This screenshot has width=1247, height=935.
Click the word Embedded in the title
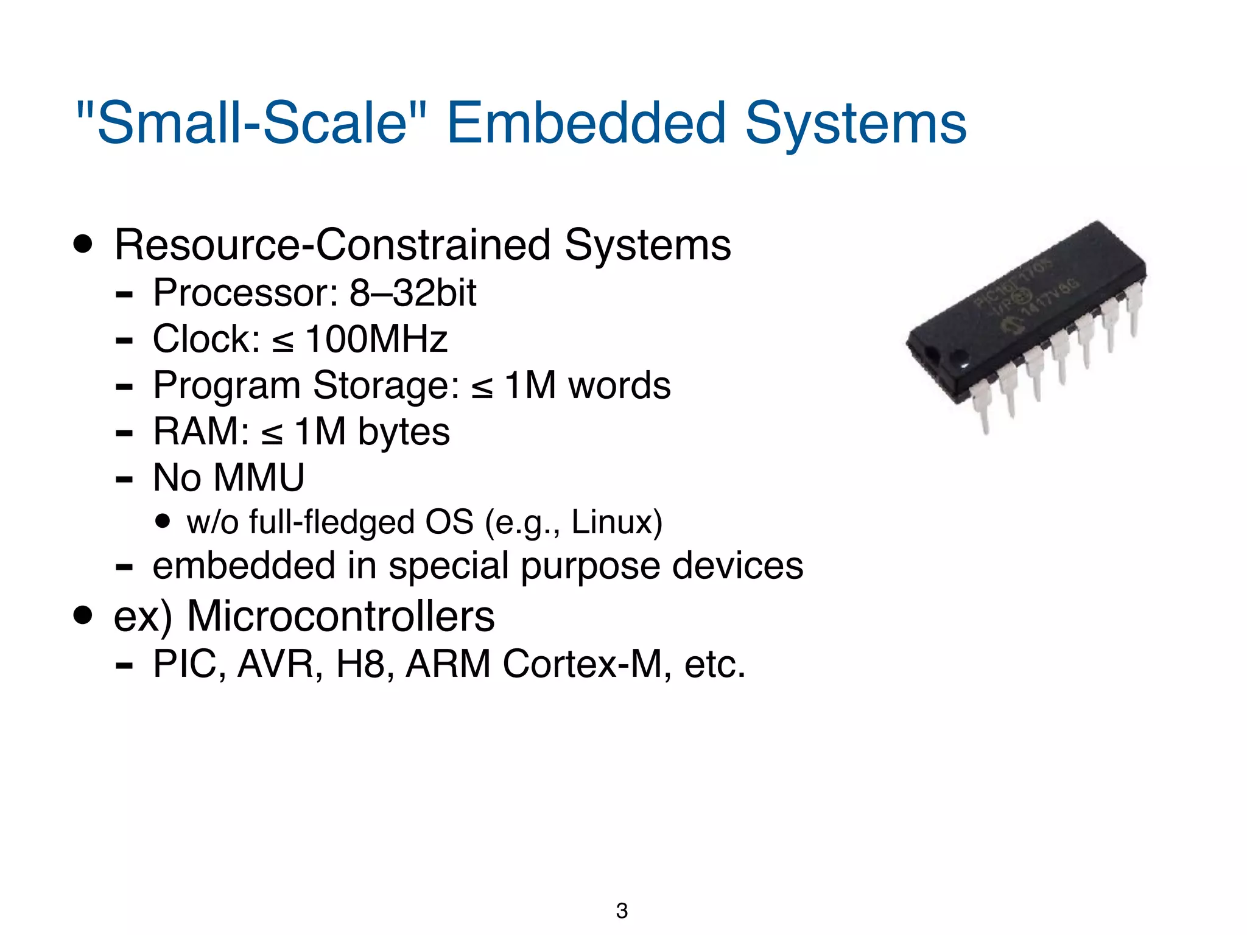point(586,124)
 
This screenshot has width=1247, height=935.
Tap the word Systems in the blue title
point(855,124)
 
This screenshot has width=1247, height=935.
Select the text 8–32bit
point(412,293)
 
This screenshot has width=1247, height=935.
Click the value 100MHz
point(376,339)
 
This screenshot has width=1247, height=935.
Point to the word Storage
point(386,385)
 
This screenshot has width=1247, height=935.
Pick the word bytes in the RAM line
point(403,432)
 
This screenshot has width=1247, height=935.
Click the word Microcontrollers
point(340,616)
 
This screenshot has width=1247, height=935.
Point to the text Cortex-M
point(582,664)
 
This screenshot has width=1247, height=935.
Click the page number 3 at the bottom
point(622,911)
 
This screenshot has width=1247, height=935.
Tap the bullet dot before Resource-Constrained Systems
point(82,245)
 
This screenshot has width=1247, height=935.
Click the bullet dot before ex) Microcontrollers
point(82,615)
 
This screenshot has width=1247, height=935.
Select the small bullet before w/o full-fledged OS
point(162,521)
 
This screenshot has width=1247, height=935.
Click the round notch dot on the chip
point(959,357)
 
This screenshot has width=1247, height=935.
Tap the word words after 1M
point(619,385)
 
